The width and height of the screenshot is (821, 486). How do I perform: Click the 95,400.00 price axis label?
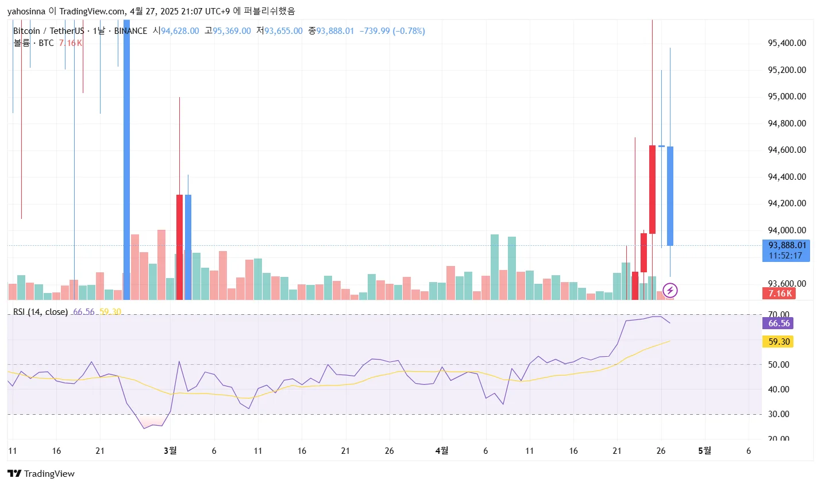tap(787, 43)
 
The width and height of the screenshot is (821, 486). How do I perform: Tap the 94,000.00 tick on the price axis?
tap(787, 230)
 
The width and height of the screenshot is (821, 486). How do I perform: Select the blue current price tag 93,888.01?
tap(787, 245)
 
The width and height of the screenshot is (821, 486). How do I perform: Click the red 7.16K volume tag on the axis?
tap(780, 294)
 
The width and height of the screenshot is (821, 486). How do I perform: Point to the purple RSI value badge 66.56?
tap(778, 323)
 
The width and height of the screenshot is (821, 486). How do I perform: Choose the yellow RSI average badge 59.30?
tap(778, 342)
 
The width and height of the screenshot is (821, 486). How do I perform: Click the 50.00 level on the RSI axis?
tap(778, 365)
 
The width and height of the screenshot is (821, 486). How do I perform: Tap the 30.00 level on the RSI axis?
tap(778, 414)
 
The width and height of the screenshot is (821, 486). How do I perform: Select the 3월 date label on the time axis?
tap(170, 451)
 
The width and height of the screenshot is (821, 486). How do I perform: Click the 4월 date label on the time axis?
tap(442, 451)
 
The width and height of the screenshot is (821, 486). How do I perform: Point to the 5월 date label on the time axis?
tap(704, 451)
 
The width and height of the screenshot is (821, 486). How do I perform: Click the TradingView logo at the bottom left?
tap(41, 474)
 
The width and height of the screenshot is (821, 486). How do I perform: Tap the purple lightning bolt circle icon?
tap(670, 290)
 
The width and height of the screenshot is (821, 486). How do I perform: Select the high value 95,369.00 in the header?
tap(232, 31)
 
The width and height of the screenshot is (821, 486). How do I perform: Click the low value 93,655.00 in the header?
tap(283, 31)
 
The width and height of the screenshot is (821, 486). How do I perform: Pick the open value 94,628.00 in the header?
tap(180, 31)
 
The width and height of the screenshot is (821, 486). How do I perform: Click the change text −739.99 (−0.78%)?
tap(392, 31)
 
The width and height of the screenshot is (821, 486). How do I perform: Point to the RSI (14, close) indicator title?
tap(40, 312)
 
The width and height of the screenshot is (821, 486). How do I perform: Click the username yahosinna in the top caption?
tap(26, 11)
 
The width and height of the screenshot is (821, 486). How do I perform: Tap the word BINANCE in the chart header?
tap(130, 31)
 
